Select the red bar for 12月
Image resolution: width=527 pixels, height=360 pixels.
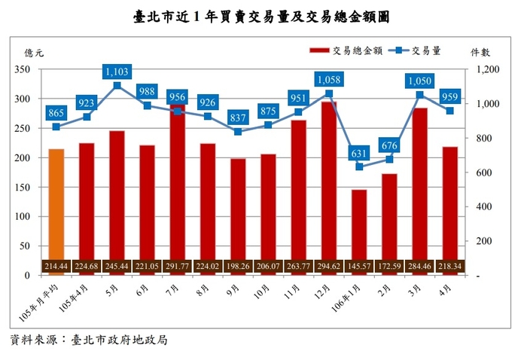(329, 181)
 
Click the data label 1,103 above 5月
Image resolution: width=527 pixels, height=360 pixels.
(117, 72)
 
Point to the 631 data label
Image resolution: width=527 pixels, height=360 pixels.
(359, 154)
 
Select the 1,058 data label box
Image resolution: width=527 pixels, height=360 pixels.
(329, 79)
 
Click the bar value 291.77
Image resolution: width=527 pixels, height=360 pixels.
(178, 267)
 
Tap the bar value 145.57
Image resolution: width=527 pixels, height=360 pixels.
(359, 267)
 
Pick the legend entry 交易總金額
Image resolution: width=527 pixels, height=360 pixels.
(346, 50)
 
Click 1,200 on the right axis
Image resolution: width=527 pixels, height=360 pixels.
(489, 69)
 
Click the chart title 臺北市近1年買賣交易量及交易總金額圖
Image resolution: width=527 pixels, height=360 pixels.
(263, 16)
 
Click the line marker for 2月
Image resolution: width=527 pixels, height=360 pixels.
(389, 159)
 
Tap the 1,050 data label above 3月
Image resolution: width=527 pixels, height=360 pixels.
(419, 81)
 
